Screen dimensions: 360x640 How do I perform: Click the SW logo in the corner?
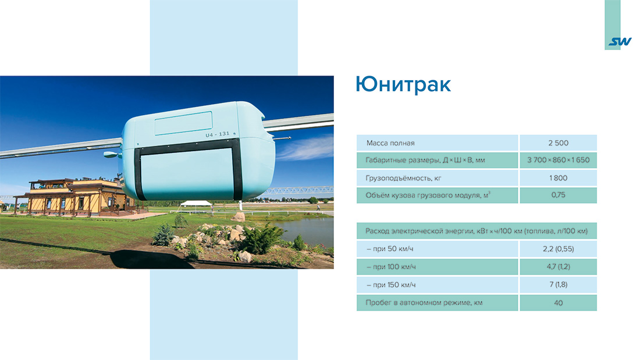tap(620, 42)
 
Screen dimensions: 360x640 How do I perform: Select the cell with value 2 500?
tap(558, 143)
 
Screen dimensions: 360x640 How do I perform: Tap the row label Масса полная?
tap(390, 143)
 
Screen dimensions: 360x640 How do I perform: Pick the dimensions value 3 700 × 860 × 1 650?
tap(558, 161)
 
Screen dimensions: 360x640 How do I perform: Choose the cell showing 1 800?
tap(558, 178)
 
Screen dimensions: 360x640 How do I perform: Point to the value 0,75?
tap(558, 195)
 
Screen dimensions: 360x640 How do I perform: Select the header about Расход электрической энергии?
tap(477, 231)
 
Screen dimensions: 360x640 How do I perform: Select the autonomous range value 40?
tap(558, 303)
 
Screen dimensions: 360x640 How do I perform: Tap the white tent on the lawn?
tap(195, 204)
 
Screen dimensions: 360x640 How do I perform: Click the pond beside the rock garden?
tap(305, 227)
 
